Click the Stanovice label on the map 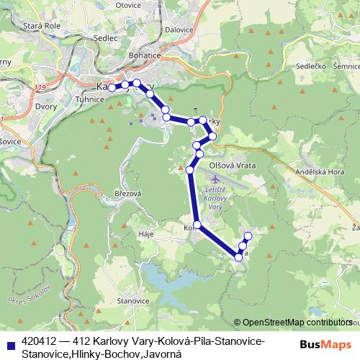pyautogui.click(x=133, y=299)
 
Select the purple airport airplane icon pyautogui.click(x=215, y=178)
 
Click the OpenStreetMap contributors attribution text pyautogui.click(x=297, y=323)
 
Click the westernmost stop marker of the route pyautogui.click(x=112, y=88)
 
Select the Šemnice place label pyautogui.click(x=347, y=66)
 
